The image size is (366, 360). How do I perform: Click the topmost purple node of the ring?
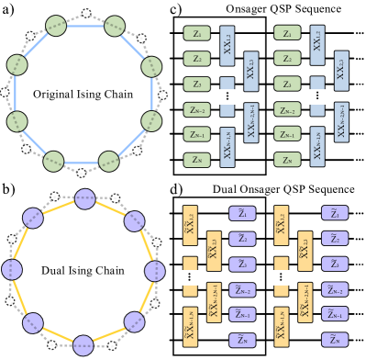(85, 199)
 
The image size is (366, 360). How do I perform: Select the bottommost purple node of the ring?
(83, 346)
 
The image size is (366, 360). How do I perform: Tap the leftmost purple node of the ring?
(12, 270)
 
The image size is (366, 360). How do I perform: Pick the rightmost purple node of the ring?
(155, 271)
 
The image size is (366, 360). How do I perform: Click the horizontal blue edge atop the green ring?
(85, 26)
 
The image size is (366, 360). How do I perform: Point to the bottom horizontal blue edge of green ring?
(81, 162)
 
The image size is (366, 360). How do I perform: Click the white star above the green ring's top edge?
(86, 13)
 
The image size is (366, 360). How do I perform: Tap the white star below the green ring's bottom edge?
(81, 174)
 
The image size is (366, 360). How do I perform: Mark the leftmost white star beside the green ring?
(5, 92)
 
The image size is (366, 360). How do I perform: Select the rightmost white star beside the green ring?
(162, 95)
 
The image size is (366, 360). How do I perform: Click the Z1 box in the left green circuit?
(196, 33)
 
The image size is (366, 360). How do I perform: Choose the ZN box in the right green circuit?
(287, 160)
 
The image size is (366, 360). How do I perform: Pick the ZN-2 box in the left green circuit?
(196, 109)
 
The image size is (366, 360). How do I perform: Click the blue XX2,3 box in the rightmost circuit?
(341, 70)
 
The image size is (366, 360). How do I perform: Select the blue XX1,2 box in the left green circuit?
(227, 45)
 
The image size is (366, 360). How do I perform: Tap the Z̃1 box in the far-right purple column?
(334, 213)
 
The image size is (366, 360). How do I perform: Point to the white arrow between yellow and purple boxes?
(227, 276)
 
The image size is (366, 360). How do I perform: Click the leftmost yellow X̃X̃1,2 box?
(190, 225)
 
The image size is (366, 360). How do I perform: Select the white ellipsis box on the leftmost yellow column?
(189, 276)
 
